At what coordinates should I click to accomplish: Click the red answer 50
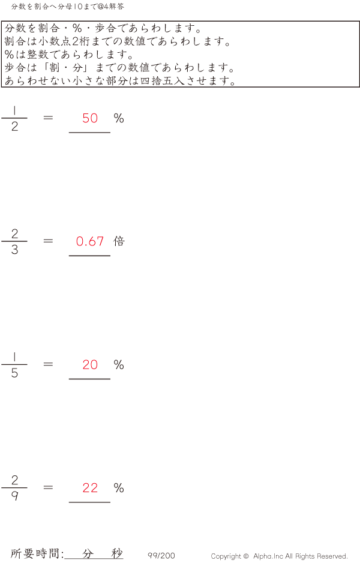(90, 118)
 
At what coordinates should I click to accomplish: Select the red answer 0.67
(90, 241)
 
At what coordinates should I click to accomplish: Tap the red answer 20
(90, 365)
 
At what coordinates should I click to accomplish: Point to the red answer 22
(90, 488)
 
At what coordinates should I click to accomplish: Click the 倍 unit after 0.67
(119, 241)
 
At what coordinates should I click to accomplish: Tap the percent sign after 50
(119, 118)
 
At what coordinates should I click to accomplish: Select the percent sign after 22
(119, 488)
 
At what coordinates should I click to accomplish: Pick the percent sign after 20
(119, 365)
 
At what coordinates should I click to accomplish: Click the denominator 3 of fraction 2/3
(14, 250)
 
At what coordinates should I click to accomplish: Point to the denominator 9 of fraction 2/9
(14, 496)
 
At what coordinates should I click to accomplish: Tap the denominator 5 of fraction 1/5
(14, 373)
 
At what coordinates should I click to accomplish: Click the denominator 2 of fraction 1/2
(14, 127)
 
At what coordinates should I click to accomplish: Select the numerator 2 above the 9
(14, 480)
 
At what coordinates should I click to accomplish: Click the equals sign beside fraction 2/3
(48, 241)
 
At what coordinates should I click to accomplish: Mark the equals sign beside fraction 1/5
(48, 364)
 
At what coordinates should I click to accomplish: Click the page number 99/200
(161, 555)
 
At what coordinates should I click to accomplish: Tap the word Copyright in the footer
(226, 556)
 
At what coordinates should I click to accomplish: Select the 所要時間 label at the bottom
(34, 553)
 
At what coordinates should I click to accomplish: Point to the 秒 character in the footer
(117, 553)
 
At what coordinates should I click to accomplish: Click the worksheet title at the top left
(67, 7)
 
